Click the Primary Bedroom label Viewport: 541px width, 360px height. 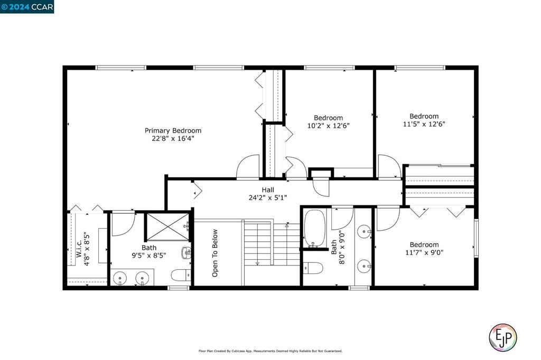(x=173, y=131)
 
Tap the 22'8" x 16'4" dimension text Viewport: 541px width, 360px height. (x=173, y=139)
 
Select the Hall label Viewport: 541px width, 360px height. (x=268, y=190)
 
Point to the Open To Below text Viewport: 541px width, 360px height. (x=215, y=253)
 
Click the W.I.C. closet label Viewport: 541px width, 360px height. (x=79, y=249)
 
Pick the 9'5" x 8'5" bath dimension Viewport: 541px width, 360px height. (x=148, y=255)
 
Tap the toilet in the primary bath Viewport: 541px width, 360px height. (x=181, y=275)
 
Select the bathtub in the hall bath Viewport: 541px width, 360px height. (x=315, y=228)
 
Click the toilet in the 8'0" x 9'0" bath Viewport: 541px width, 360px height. (x=313, y=268)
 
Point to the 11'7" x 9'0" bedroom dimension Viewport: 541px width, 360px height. (x=424, y=253)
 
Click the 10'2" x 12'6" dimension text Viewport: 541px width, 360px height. (x=328, y=126)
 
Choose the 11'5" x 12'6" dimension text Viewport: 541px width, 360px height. (x=424, y=124)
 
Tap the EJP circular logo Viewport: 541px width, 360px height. (x=503, y=338)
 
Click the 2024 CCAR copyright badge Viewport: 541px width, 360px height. (x=27, y=7)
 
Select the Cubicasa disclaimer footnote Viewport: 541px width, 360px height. (x=270, y=351)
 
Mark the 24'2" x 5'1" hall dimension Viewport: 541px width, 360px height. (x=268, y=198)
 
